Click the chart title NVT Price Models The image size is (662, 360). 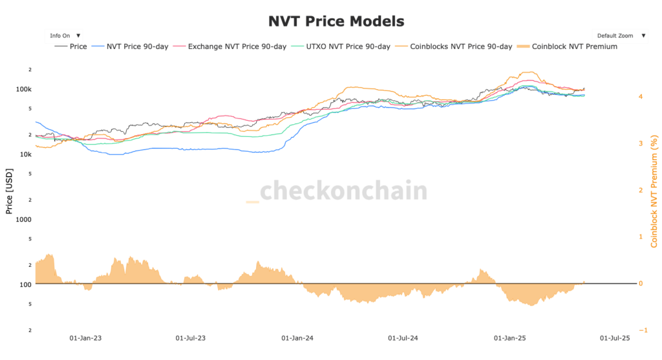click(336, 21)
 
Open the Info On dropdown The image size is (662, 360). click(65, 36)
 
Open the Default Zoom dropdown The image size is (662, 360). click(620, 36)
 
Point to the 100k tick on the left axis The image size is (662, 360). click(23, 89)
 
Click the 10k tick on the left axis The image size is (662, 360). click(25, 154)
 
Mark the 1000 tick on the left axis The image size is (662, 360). click(24, 219)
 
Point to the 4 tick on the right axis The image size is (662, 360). click(640, 96)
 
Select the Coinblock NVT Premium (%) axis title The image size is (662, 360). click(654, 191)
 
